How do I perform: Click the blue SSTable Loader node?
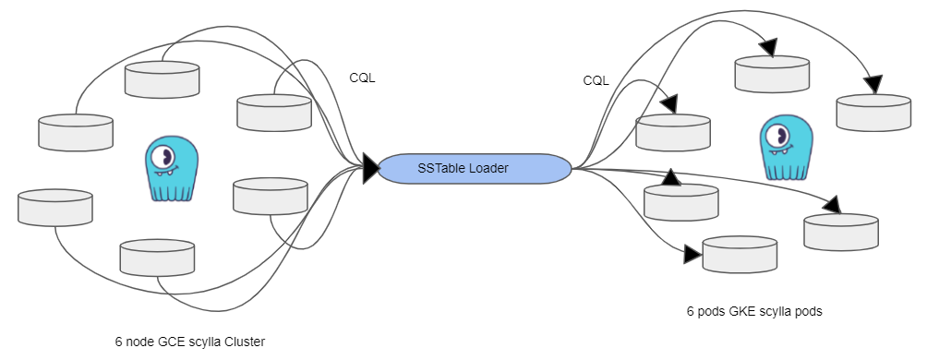[x=475, y=168]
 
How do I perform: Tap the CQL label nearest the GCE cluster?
[x=362, y=78]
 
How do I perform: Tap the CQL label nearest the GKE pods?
[x=596, y=80]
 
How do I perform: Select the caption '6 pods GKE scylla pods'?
[x=753, y=311]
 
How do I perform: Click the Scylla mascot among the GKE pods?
[x=783, y=148]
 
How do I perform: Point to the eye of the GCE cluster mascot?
[x=165, y=154]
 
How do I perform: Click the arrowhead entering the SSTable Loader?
[x=370, y=168]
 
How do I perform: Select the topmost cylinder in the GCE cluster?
[x=163, y=79]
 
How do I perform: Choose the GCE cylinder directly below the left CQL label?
[x=274, y=113]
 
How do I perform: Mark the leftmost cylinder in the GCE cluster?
[x=55, y=207]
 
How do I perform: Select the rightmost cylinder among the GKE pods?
[x=873, y=112]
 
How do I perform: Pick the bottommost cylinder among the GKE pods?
[x=740, y=255]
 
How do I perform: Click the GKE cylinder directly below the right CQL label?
[x=673, y=132]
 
